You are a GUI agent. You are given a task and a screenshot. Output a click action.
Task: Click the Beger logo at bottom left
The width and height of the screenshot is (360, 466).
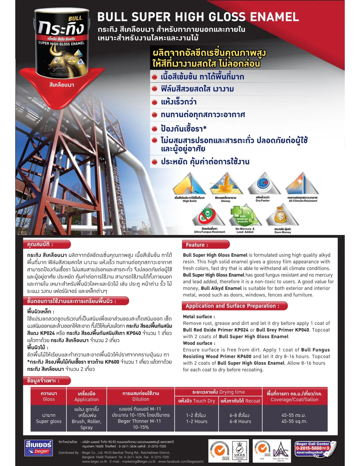click(x=39, y=448)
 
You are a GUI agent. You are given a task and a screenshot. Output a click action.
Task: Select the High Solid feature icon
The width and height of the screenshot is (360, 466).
click(x=189, y=184)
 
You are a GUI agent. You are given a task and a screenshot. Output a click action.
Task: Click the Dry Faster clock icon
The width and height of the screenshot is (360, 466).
click(x=263, y=184)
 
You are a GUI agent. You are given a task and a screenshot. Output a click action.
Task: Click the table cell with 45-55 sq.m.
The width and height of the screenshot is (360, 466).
click(x=294, y=418)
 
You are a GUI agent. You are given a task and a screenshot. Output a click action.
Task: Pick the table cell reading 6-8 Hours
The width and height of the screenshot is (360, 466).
click(x=240, y=418)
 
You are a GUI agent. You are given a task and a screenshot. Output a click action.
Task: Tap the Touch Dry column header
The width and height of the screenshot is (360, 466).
click(x=197, y=401)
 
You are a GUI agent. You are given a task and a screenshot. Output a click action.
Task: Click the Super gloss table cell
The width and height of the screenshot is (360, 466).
click(x=49, y=418)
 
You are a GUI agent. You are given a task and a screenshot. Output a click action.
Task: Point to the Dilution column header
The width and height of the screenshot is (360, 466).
click(x=141, y=396)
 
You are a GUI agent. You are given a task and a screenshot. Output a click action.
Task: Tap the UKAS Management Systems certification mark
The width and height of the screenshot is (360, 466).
click(x=239, y=451)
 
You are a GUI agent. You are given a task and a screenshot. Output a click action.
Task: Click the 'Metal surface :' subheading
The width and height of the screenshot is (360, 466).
click(x=199, y=317)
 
